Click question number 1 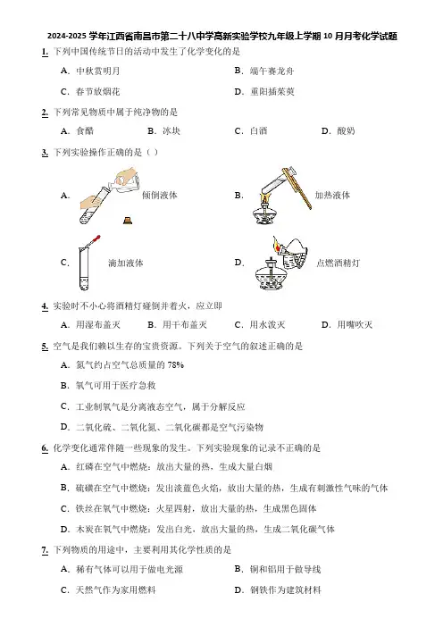pos(45,52)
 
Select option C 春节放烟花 pos(90,92)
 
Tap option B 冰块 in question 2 pos(164,130)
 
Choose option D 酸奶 pos(338,130)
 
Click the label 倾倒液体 pos(160,195)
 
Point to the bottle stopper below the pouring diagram pos(128,220)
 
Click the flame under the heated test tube pos(263,198)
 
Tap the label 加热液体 pos(332,195)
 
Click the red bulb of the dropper pos(96,239)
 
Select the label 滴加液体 pos(126,263)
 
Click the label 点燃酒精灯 pos(338,263)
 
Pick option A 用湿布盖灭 pos(90,325)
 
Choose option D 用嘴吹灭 pos(347,325)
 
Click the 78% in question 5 pos(176,364)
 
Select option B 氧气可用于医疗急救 pos(108,386)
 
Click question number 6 pos(45,448)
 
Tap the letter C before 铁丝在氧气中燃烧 pos(64,508)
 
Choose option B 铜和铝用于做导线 pos(278,569)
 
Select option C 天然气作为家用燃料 pos(108,589)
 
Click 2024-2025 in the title pos(67,37)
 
